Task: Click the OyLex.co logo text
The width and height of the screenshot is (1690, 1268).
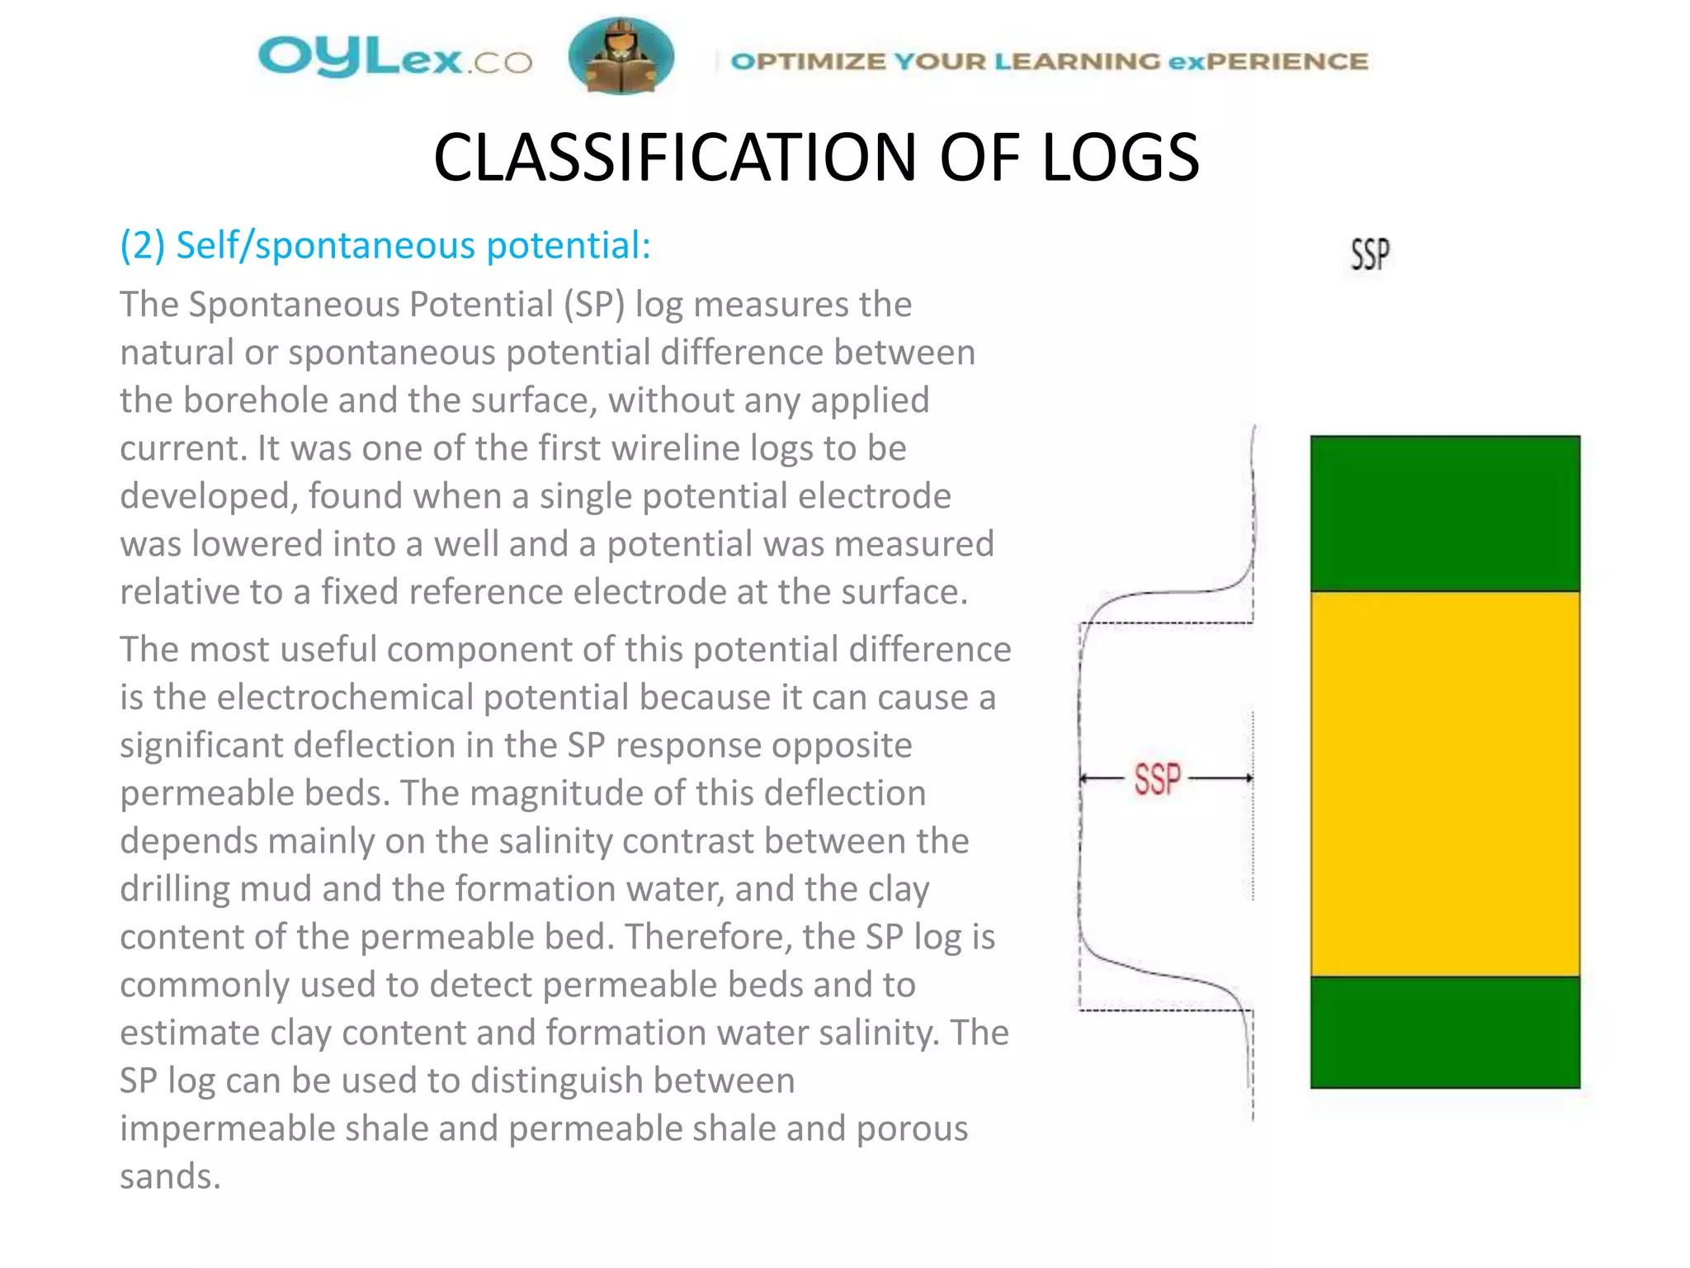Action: [x=394, y=59]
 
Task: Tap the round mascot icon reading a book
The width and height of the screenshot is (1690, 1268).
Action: [x=621, y=56]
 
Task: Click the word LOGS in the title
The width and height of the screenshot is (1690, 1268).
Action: [x=1120, y=158]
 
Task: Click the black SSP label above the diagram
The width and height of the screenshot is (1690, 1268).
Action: [x=1370, y=254]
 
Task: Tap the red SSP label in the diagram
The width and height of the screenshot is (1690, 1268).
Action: [x=1157, y=779]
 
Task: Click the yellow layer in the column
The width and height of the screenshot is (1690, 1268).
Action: [x=1445, y=783]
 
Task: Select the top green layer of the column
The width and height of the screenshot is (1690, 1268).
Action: [x=1445, y=513]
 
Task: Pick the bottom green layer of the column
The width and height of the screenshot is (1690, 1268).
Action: [x=1445, y=1032]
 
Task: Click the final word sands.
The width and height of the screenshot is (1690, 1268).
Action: [x=170, y=1176]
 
